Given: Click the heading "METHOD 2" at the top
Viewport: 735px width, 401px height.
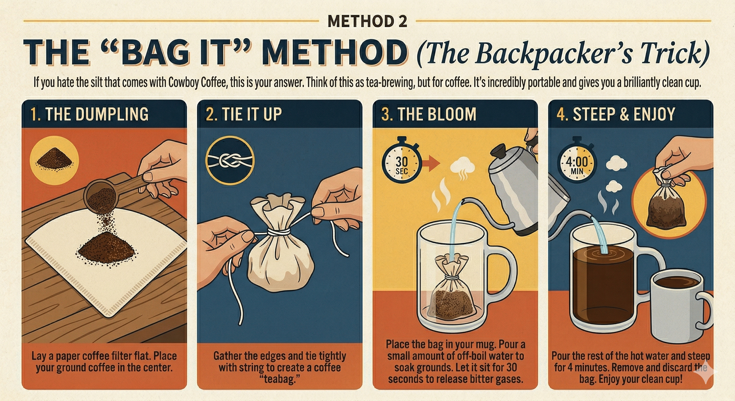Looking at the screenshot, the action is (x=367, y=21).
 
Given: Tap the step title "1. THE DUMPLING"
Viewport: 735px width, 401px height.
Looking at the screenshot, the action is (x=89, y=114).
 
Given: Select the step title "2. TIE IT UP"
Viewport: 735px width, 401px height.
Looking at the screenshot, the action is (x=244, y=114).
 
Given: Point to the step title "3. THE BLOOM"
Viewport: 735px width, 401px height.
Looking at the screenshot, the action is (x=429, y=114).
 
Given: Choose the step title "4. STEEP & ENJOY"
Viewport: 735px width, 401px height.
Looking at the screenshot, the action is (x=616, y=114).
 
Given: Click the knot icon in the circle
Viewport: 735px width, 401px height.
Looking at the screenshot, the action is (x=230, y=161).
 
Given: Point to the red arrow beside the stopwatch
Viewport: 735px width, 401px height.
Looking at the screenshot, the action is (x=430, y=164).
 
